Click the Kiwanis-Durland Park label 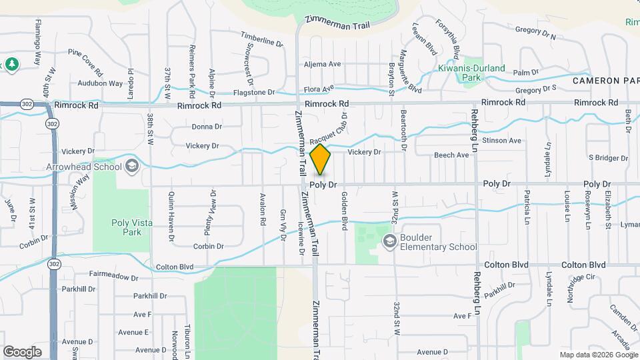pos(471,72)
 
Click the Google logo pos(23,351)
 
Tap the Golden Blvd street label pos(345,211)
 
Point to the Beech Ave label pos(451,155)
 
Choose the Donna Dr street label pos(206,127)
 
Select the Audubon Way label pos(101,83)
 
